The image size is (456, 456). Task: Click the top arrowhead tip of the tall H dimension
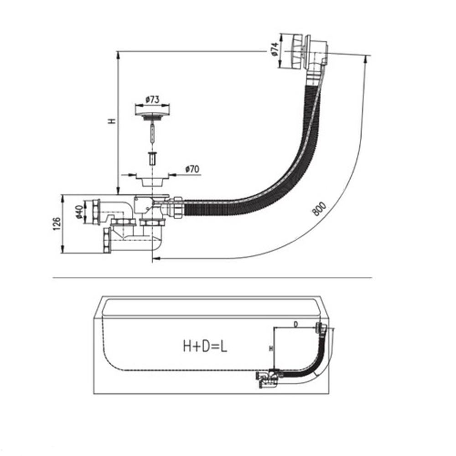[118, 52]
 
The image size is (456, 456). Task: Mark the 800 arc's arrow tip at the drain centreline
[153, 258]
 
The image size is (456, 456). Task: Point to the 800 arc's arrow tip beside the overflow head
[366, 56]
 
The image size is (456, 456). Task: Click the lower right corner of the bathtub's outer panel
[329, 394]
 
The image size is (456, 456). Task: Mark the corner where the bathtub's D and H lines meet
[274, 327]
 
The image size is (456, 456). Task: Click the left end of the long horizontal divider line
[52, 278]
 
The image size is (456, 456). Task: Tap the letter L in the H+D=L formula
[223, 347]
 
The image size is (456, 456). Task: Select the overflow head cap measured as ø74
[292, 52]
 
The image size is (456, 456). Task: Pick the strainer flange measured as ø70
[152, 179]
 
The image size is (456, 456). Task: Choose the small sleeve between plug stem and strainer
[152, 158]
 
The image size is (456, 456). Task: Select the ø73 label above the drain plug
[152, 100]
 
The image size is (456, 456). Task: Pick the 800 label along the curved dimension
[319, 209]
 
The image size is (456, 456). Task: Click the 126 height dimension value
[57, 223]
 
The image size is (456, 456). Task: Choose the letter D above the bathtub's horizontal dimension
[295, 324]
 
